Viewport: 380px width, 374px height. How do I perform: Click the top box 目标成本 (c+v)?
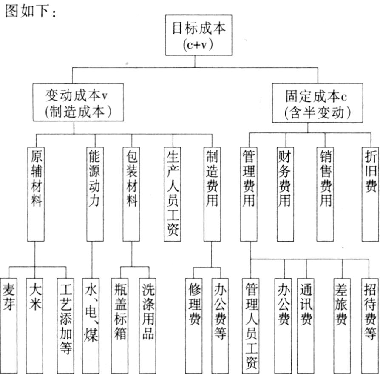coord(199,35)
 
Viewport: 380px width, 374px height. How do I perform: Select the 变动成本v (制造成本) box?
coord(78,102)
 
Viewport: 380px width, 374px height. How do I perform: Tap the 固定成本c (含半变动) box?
coord(318,103)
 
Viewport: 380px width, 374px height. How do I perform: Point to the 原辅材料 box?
coord(36,194)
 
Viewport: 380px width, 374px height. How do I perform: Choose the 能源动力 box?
coord(95,194)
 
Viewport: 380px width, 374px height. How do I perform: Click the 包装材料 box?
coord(131,194)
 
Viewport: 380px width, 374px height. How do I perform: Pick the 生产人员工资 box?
coord(172,194)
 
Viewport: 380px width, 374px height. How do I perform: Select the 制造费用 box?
coord(212,194)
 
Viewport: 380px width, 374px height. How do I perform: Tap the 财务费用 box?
coord(285,194)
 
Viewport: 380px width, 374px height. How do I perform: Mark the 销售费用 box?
coord(325,194)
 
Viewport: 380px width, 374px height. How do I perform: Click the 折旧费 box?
coord(370,194)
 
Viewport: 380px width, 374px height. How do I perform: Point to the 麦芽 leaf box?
coord(9,326)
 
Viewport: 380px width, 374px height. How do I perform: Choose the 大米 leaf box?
coord(34,326)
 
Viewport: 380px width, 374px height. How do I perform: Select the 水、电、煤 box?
coord(91,326)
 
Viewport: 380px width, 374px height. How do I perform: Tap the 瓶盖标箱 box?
coord(120,326)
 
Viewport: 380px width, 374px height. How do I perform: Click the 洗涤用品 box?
coord(147,326)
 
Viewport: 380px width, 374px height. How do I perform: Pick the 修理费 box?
coord(194,326)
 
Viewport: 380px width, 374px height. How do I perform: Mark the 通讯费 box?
coord(306,326)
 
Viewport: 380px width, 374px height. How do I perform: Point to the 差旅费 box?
coord(342,326)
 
